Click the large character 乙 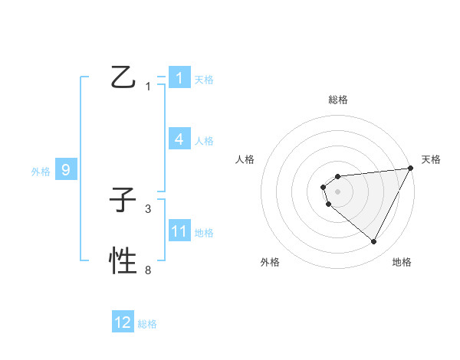[x=123, y=77]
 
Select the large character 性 [x=123, y=261]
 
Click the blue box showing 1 [x=179, y=77]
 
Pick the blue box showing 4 [x=179, y=139]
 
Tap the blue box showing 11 [x=179, y=231]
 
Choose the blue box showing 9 [x=66, y=170]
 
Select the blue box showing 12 [x=123, y=322]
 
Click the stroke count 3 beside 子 [x=148, y=208]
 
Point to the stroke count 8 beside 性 [x=148, y=270]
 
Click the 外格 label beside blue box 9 [x=41, y=172]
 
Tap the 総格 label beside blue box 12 [x=147, y=324]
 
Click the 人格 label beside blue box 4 [x=204, y=141]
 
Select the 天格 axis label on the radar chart [x=431, y=159]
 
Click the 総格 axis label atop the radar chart [x=338, y=100]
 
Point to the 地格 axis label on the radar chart [x=402, y=263]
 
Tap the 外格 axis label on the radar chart [x=270, y=263]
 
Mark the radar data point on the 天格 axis [x=410, y=168]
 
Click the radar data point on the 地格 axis [x=374, y=242]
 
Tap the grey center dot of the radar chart [x=337, y=190]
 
